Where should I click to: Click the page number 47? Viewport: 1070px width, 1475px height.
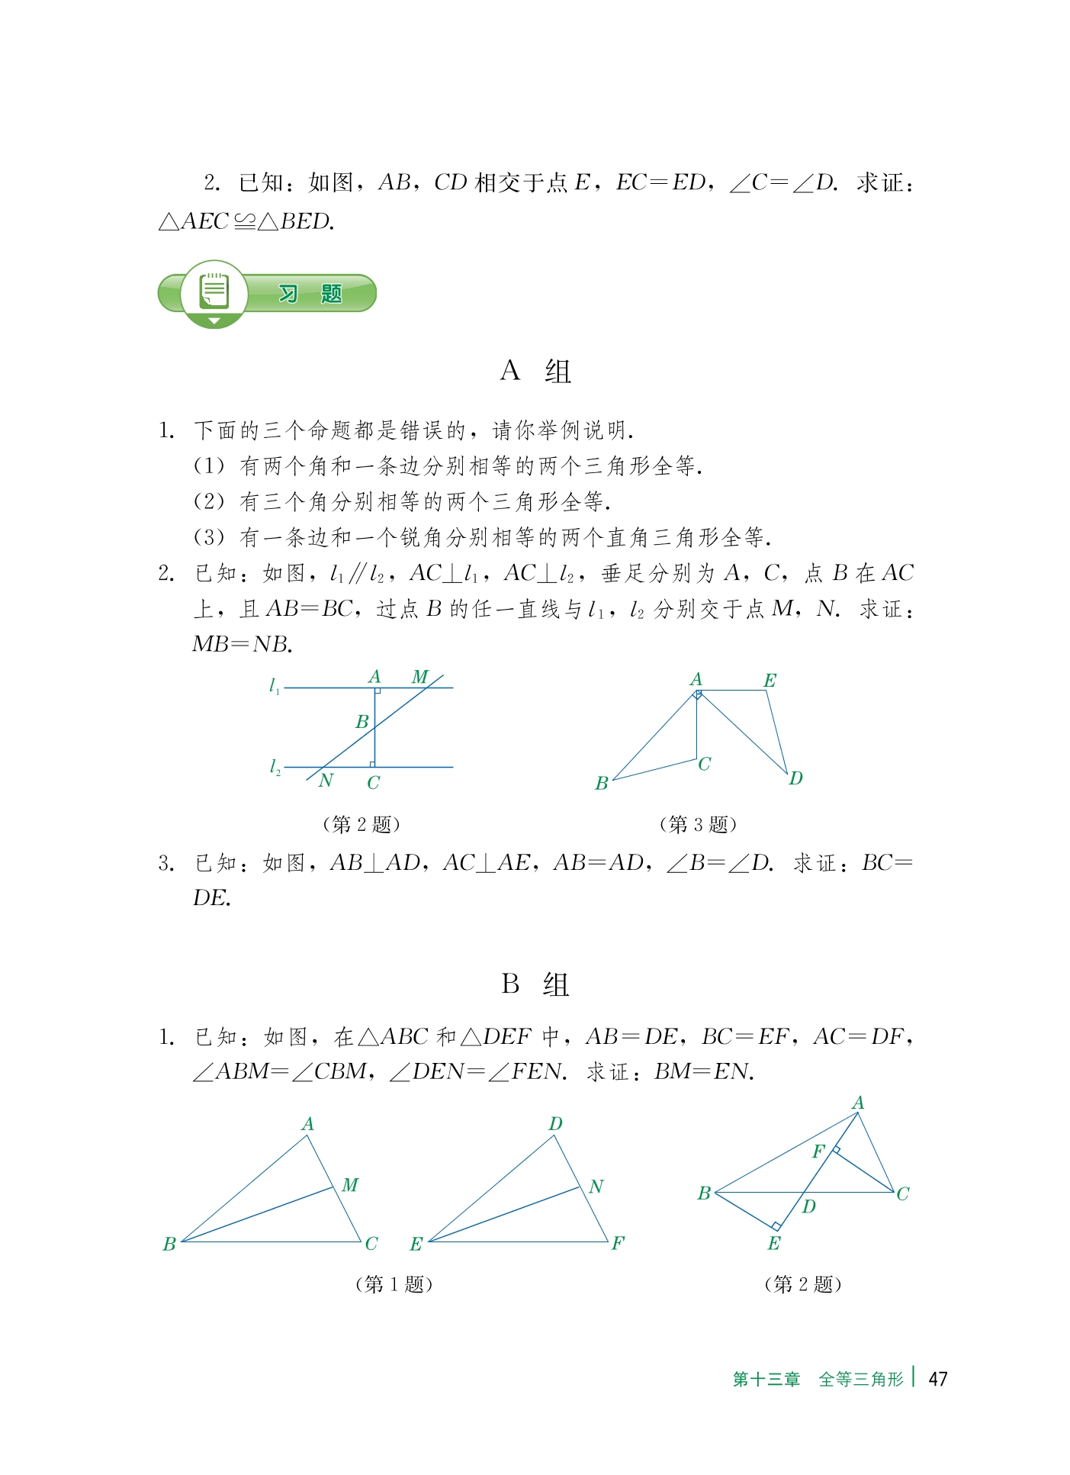pos(937,1378)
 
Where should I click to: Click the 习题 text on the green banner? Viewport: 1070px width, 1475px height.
pos(310,294)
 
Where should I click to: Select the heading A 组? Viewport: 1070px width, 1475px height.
pos(535,372)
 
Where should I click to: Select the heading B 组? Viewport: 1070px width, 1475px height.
pos(535,984)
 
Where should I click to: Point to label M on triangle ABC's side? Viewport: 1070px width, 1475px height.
pos(350,1185)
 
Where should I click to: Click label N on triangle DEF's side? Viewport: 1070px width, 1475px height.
pos(596,1187)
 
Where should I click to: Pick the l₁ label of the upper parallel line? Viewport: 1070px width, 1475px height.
pos(275,686)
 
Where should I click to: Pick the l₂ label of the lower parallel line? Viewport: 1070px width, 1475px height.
pos(275,766)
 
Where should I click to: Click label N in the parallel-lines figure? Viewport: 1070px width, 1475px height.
pos(326,780)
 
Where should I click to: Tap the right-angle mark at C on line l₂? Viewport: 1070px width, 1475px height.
pos(371,763)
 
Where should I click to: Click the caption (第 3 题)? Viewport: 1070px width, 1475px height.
pos(697,824)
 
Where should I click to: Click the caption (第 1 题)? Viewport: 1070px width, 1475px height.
pos(394,1284)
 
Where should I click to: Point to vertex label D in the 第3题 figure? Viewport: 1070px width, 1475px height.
pos(795,778)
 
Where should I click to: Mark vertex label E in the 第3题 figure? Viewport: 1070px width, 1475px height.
pos(770,680)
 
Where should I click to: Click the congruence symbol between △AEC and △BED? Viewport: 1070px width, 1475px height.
pos(244,221)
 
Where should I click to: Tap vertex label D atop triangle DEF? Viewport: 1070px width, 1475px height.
pos(555,1123)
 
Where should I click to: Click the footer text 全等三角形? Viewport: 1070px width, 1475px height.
pos(860,1379)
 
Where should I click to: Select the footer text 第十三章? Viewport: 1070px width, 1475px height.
pos(766,1379)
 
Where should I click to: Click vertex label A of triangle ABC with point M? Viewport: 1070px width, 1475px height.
pos(307,1123)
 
